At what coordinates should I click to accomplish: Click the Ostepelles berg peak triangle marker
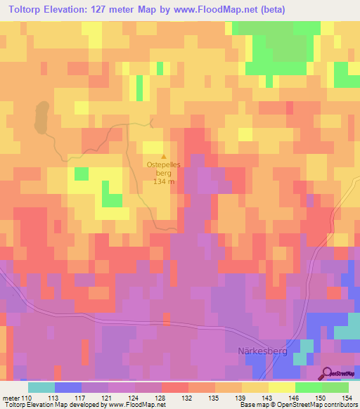(165, 157)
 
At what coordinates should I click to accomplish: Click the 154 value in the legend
(348, 397)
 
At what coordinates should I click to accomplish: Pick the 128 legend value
(162, 397)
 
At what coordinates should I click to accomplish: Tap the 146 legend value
(295, 397)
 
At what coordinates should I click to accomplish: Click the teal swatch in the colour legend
(41, 387)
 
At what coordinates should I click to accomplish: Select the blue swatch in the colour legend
(67, 387)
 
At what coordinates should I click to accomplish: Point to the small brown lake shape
(40, 117)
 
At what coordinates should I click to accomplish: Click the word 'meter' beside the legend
(11, 397)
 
